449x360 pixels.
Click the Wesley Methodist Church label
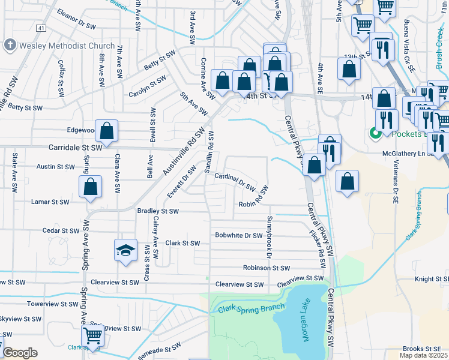(x=67, y=46)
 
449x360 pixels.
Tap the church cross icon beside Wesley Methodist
(x=10, y=45)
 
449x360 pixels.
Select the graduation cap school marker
(x=126, y=251)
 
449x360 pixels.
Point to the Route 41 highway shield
(x=40, y=28)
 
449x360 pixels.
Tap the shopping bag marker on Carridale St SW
(x=106, y=131)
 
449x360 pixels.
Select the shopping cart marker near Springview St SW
(x=92, y=335)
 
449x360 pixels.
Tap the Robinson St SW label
(x=267, y=268)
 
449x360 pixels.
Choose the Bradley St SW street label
(x=158, y=211)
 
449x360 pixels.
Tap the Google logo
(x=19, y=353)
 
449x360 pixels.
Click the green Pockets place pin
(x=376, y=133)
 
